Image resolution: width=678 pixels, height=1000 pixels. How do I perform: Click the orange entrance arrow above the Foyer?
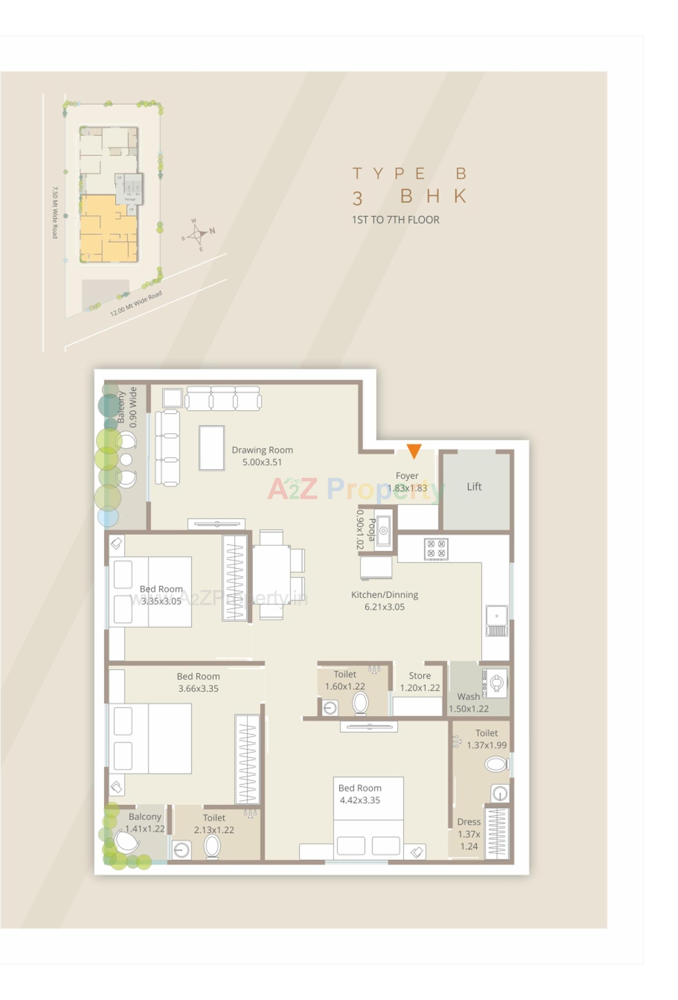(413, 450)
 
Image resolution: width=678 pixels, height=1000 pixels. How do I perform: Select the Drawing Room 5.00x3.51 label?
(262, 456)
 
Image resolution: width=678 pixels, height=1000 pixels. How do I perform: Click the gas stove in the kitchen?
(436, 549)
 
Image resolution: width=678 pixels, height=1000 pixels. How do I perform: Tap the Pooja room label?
(366, 529)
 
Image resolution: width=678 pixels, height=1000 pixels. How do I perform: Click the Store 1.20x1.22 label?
(420, 681)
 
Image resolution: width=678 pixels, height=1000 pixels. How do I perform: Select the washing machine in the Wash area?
(495, 682)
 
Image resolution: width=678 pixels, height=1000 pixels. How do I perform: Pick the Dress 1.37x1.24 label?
(468, 834)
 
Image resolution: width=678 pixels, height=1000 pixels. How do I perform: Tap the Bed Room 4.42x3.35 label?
(360, 794)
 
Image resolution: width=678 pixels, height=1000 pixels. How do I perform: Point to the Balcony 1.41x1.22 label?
(145, 822)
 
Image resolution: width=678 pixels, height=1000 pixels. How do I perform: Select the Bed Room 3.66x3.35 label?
(198, 682)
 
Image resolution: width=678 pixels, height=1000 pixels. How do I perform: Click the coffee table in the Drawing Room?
(211, 447)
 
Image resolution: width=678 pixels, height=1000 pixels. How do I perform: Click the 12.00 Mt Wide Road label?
(136, 303)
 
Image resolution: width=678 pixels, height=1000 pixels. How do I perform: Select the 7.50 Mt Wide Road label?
(55, 212)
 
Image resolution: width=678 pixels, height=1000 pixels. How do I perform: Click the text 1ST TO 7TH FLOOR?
(395, 220)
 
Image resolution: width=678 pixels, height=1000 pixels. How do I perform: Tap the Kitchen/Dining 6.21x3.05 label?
(384, 600)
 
